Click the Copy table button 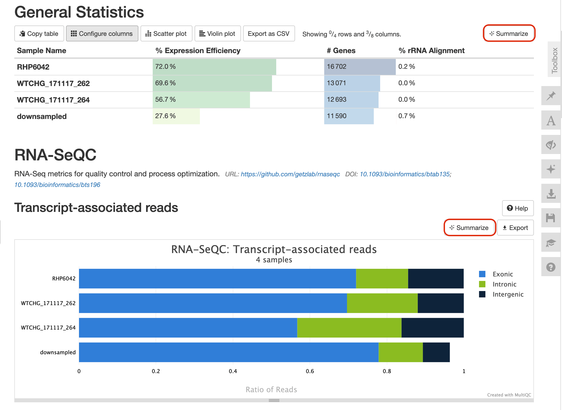coord(39,34)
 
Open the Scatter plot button coord(166,34)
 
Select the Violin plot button coord(217,34)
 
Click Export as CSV coord(269,34)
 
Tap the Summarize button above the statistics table coord(509,33)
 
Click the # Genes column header coord(341,50)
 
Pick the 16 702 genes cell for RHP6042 coord(337,67)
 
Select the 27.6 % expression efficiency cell coord(165,116)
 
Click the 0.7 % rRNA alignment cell coord(407,116)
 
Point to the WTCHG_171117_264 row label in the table coord(53,100)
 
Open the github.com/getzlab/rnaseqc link coord(290,174)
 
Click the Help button coord(517,208)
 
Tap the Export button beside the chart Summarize coord(515,228)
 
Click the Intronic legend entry coord(504,284)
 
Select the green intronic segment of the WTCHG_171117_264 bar coord(349,328)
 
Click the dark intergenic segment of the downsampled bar coord(436,352)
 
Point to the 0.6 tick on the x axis coord(310,371)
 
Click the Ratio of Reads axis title coord(271,390)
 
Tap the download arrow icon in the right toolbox coord(551,194)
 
